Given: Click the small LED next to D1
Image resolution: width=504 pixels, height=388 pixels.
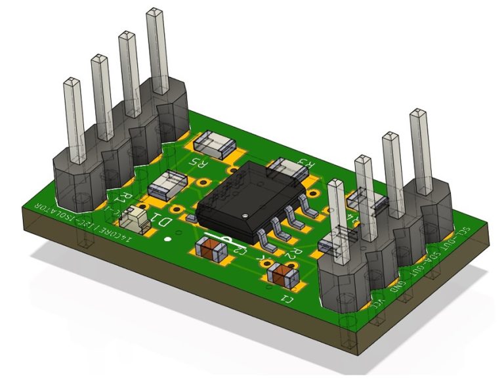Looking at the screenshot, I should [136, 217].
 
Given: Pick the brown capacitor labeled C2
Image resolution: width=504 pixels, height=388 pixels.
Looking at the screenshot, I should [213, 249].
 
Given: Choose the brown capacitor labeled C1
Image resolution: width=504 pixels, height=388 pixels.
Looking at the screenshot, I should [284, 275].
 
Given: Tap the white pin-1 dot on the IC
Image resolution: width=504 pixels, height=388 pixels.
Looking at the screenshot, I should [244, 214].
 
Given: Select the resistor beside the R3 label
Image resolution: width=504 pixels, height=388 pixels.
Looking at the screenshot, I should [286, 167].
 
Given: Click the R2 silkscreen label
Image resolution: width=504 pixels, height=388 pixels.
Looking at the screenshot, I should [294, 251].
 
